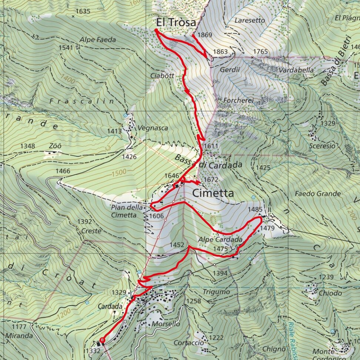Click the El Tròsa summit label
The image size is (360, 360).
tap(173, 23)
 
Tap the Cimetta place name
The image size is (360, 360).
tap(213, 193)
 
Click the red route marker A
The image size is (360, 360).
tap(183, 179)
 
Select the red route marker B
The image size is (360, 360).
tap(103, 340)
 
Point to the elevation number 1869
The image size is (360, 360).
tap(205, 35)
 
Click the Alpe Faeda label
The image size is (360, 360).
tap(97, 40)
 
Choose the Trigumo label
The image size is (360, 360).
tap(216, 292)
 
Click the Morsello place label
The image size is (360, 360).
tap(166, 324)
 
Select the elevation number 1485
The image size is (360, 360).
tap(255, 210)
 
